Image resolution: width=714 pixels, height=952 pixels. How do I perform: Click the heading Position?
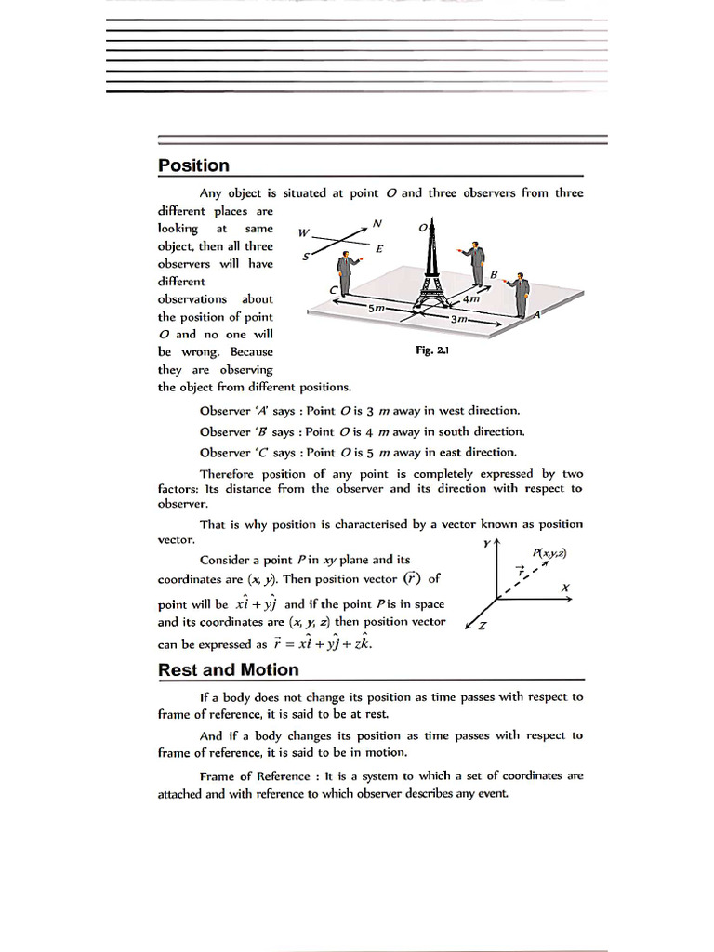tap(193, 165)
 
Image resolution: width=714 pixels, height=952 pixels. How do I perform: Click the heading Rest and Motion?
tap(228, 669)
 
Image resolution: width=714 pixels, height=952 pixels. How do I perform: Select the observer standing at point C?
tap(346, 273)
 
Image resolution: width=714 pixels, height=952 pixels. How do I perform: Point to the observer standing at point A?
tap(521, 296)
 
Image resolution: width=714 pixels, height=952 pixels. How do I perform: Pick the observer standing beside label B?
tap(476, 264)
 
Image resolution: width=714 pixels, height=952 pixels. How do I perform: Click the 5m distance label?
tap(376, 306)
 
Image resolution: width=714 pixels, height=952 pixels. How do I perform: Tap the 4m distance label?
tap(470, 299)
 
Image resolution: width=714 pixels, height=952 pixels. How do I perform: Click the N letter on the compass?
tap(377, 223)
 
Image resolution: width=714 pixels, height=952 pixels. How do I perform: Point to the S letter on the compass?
tap(306, 256)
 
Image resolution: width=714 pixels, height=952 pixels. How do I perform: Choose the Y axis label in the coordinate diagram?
tap(486, 542)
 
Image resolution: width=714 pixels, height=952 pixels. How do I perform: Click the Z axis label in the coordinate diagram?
tap(481, 626)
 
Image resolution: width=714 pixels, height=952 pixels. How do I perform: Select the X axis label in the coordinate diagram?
tap(565, 588)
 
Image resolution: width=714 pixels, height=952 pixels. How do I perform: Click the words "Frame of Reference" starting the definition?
tap(245, 775)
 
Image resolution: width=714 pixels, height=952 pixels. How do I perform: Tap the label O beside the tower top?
tap(422, 226)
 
